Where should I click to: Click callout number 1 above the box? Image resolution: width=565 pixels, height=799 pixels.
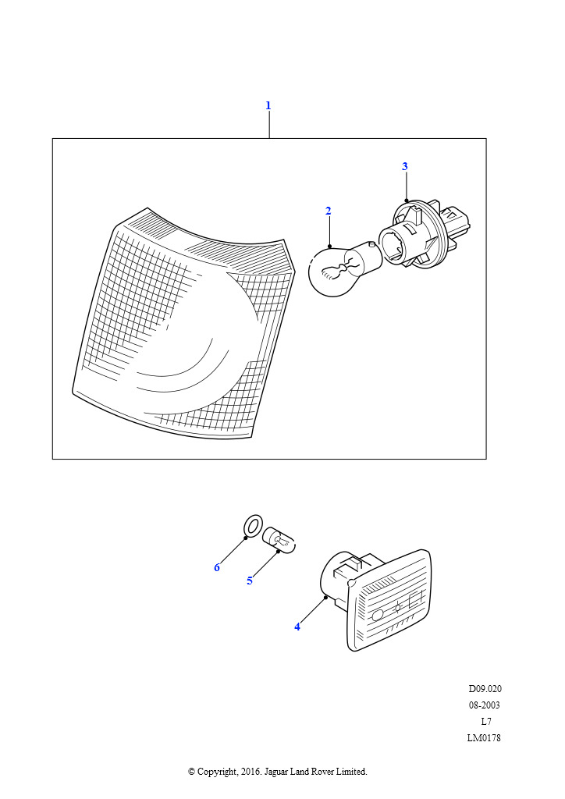click(268, 105)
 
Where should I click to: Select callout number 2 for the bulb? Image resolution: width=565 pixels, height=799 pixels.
click(328, 211)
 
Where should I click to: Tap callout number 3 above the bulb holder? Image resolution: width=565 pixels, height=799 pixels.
click(404, 166)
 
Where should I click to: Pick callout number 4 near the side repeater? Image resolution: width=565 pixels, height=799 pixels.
click(297, 627)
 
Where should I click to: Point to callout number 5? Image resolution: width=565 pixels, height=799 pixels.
click(250, 581)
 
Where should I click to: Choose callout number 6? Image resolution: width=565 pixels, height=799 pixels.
click(217, 568)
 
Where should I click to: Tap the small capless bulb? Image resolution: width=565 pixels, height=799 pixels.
click(279, 540)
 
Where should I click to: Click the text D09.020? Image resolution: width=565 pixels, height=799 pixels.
click(485, 689)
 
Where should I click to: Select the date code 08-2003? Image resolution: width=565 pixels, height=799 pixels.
click(485, 705)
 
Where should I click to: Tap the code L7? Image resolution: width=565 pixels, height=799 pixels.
click(486, 722)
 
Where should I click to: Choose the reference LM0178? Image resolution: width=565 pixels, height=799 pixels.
click(484, 738)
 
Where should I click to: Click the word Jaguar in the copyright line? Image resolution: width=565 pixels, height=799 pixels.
click(275, 772)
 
